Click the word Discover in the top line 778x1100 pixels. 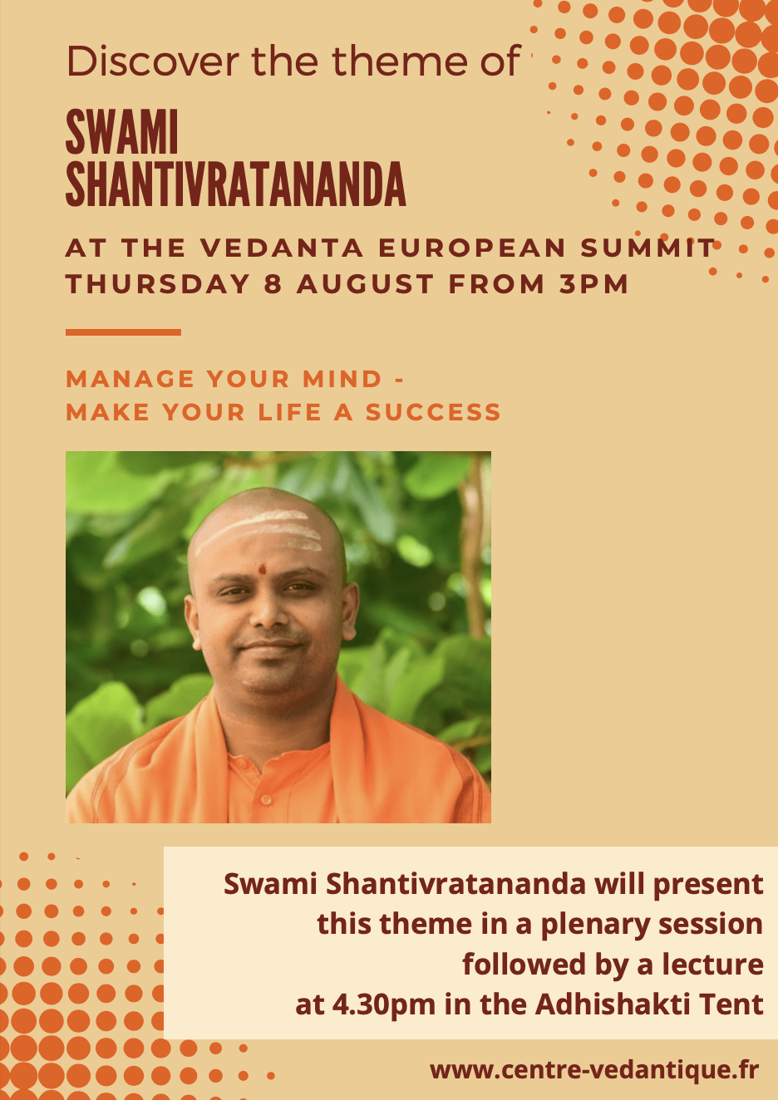tap(153, 61)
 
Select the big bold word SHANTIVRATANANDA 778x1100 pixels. tap(236, 184)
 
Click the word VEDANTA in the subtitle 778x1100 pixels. tap(282, 248)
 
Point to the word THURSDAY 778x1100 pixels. tap(158, 284)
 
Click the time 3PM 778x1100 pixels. tap(593, 284)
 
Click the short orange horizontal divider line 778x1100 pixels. tap(123, 332)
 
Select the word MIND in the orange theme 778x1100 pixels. tap(342, 379)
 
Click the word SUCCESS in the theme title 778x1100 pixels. tap(433, 411)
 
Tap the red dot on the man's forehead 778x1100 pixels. tap(263, 570)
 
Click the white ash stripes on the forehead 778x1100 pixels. tap(259, 533)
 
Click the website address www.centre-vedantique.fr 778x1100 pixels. tap(595, 1069)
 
